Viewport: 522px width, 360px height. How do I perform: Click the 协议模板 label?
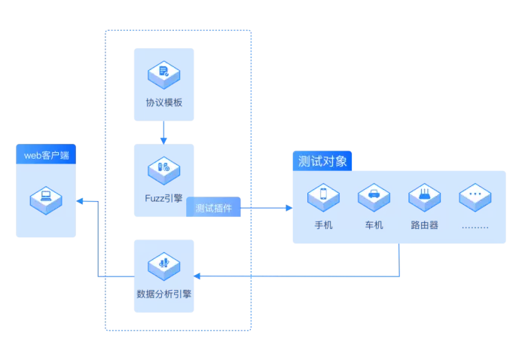coord(163,102)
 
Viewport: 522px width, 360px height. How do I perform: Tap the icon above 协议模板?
coord(163,73)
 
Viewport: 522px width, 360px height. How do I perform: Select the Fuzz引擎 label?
coord(163,198)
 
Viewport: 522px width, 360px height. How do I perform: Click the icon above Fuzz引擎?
coord(163,169)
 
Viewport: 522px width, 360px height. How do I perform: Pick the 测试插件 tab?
coord(213,208)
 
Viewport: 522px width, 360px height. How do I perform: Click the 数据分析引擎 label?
coord(163,294)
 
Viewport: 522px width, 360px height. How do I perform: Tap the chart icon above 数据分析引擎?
coord(163,264)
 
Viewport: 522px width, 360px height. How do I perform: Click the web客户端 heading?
coord(46,155)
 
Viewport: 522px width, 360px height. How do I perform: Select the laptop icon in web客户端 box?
coord(46,199)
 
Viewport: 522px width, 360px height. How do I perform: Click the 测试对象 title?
coord(322,161)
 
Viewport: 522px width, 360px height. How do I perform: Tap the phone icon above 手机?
coord(323,194)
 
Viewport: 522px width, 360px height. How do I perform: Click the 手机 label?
coord(323,225)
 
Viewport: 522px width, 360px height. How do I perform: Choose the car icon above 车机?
coord(374,194)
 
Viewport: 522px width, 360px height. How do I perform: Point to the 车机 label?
coord(374,225)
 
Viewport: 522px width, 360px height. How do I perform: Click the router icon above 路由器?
coord(424,194)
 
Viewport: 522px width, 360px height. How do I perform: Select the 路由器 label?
coord(424,225)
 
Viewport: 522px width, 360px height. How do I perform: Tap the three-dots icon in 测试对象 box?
coord(475,194)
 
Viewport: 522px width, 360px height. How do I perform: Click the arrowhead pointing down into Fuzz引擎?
coord(163,140)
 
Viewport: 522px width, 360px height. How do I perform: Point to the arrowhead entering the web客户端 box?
coord(81,201)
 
